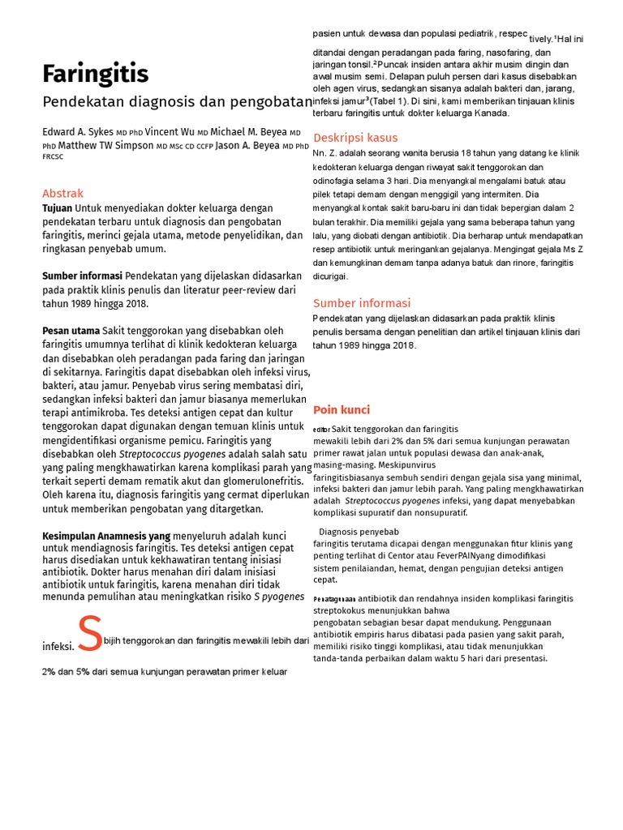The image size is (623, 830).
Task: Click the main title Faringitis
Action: (95, 75)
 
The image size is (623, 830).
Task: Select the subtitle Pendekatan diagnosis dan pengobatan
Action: (177, 102)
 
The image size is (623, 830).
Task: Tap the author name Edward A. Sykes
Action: (77, 132)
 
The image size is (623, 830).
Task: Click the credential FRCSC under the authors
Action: (53, 157)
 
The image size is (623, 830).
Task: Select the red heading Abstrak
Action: (62, 194)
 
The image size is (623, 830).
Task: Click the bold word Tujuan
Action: (58, 208)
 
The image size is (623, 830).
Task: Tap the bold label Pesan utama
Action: (71, 331)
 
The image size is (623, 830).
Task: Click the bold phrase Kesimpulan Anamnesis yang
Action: (106, 536)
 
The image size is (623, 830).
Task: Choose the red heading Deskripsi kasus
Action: (355, 137)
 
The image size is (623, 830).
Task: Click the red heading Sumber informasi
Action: (362, 303)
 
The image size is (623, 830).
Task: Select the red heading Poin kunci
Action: (342, 410)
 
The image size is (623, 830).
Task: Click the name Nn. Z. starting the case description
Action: (328, 152)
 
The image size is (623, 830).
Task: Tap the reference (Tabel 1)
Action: (390, 101)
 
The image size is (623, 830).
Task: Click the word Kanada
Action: (491, 113)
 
